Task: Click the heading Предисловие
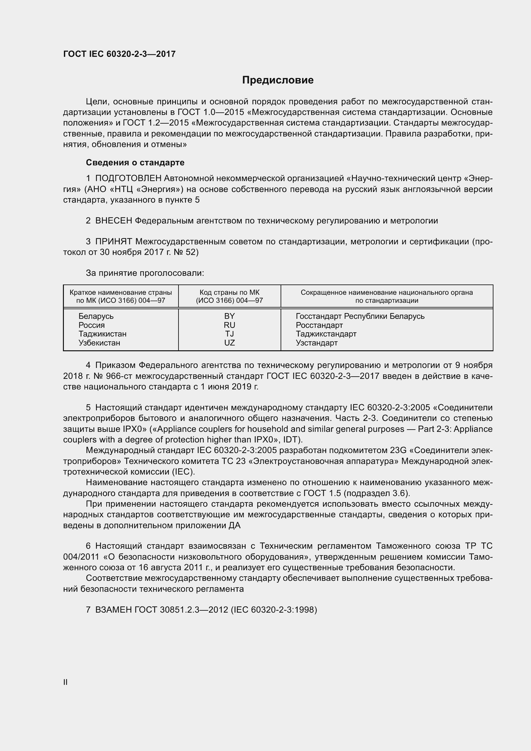[x=278, y=80]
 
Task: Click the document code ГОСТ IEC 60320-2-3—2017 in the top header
[x=119, y=54]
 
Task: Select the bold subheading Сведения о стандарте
[x=135, y=162]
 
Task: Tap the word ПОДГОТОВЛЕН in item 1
[x=128, y=178]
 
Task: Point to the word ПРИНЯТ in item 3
[x=113, y=242]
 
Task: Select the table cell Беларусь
[x=96, y=316]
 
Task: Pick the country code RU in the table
[x=229, y=325]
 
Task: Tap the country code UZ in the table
[x=229, y=343]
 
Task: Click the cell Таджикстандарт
[x=326, y=334]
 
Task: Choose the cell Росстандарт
[x=319, y=325]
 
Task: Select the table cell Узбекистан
[x=99, y=343]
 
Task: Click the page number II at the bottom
[x=65, y=682]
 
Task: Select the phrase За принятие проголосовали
[x=145, y=273]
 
